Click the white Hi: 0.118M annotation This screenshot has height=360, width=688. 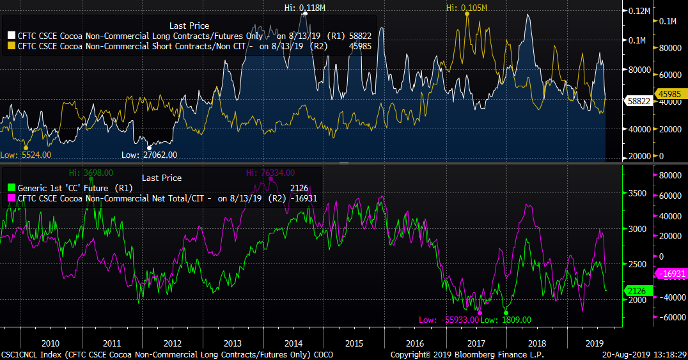pyautogui.click(x=304, y=8)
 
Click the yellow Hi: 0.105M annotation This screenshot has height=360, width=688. pyautogui.click(x=467, y=8)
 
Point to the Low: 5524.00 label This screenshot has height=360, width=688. pyautogui.click(x=26, y=155)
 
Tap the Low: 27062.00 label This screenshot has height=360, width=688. pyautogui.click(x=150, y=155)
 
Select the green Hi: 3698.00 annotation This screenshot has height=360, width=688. pyautogui.click(x=91, y=173)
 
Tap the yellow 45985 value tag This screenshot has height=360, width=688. pyautogui.click(x=671, y=94)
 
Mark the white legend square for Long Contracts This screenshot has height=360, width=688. pyautogui.click(x=12, y=36)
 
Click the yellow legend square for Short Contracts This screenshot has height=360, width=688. pyautogui.click(x=12, y=46)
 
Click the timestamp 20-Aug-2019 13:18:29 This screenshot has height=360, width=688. pyautogui.click(x=646, y=354)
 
